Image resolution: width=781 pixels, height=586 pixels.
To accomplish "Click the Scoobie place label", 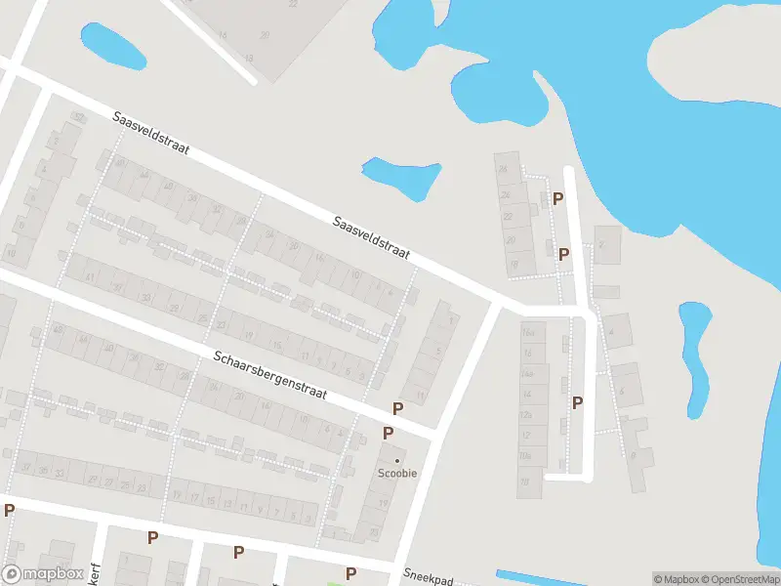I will (397, 474).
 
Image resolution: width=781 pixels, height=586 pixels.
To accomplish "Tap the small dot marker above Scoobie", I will (397, 460).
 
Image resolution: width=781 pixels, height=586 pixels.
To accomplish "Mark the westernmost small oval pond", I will (113, 46).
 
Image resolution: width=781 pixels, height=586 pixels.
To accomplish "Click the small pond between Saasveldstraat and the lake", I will (400, 175).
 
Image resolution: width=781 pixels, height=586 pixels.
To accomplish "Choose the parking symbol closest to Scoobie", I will (389, 433).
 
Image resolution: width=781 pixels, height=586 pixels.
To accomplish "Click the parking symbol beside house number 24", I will (558, 198).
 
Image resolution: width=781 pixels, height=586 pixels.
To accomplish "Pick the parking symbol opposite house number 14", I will (578, 402).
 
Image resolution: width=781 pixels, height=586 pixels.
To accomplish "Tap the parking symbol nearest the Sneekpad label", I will (351, 573).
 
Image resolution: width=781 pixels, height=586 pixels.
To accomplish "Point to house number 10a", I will (526, 456).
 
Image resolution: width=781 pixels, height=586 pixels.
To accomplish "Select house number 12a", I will (527, 415).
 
